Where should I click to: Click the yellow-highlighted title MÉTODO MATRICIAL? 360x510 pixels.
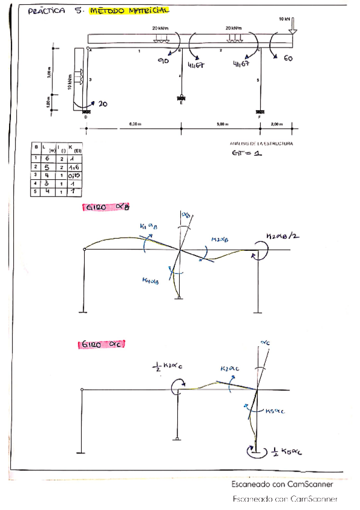click(x=129, y=11)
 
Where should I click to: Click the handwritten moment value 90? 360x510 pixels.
click(x=163, y=60)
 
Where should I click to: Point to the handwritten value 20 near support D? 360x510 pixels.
click(x=102, y=103)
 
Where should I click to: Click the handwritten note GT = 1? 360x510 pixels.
click(x=247, y=153)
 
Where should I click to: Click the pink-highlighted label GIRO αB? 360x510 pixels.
click(x=107, y=207)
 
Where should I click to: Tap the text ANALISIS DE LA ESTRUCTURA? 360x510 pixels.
click(x=261, y=144)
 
